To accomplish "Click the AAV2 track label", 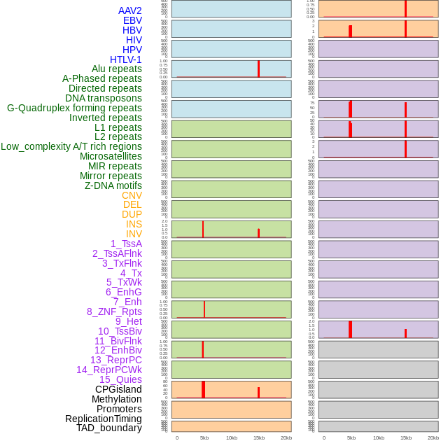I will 130,10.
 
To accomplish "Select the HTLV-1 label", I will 126,59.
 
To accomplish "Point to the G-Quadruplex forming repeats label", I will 74,108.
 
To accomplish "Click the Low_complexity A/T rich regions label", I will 71,146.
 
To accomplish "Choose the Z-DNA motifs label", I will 113,185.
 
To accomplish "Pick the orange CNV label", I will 132,195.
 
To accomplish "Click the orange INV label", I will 134,234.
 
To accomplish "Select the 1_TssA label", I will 126,244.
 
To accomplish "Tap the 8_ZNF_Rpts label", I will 114,311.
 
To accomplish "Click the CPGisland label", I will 118,389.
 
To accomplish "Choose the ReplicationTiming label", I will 104,419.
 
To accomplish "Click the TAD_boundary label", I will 109,428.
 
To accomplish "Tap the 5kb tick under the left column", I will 204,437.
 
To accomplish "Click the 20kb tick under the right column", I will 433,437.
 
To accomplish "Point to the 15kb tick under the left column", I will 259,437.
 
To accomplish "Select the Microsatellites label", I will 111,156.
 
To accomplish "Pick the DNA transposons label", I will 104,98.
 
